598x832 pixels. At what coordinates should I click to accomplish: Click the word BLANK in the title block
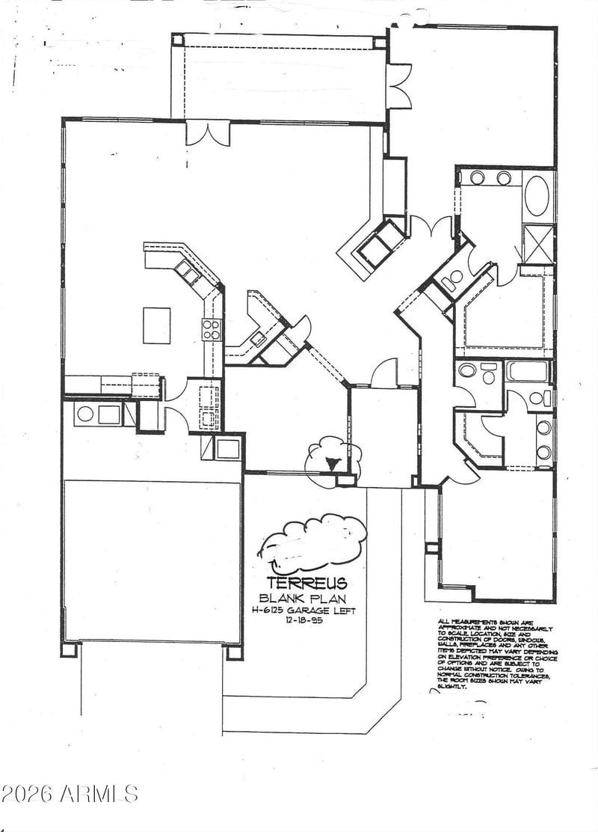pyautogui.click(x=277, y=598)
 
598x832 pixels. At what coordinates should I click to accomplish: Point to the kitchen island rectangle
pyautogui.click(x=157, y=325)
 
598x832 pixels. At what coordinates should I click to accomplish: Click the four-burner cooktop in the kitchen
pyautogui.click(x=212, y=328)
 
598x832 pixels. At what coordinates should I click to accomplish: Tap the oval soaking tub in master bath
pyautogui.click(x=537, y=196)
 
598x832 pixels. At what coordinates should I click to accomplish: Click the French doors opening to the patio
pyautogui.click(x=208, y=132)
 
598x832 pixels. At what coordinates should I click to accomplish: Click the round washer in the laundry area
pyautogui.click(x=85, y=414)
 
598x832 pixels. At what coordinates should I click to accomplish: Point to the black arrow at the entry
pyautogui.click(x=333, y=464)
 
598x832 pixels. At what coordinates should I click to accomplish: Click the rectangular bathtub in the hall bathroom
pyautogui.click(x=528, y=370)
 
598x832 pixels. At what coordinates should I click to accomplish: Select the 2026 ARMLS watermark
pyautogui.click(x=70, y=793)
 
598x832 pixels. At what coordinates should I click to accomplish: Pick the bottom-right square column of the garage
pyautogui.click(x=235, y=650)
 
